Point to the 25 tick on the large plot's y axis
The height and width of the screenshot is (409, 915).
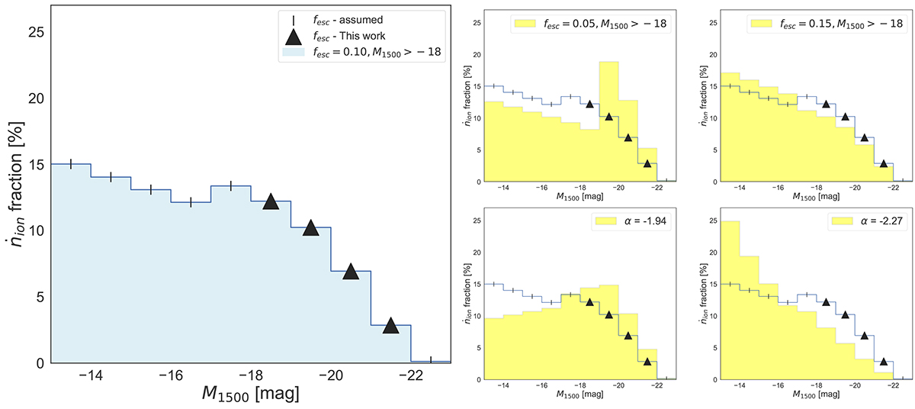click(x=36, y=32)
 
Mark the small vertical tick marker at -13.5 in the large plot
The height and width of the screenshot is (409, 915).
click(x=71, y=163)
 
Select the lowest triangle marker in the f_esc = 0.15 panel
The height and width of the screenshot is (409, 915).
click(x=883, y=163)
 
